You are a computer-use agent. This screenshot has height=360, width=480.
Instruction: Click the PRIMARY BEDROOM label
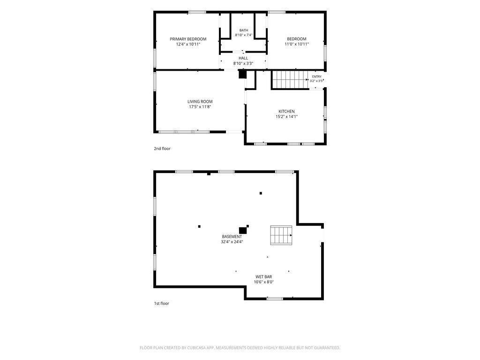pos(188,39)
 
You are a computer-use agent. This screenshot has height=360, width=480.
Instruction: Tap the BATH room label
pos(244,30)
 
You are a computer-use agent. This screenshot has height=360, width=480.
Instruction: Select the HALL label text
pos(243,58)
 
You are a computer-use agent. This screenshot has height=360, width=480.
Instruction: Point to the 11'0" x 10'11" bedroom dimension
pos(297,44)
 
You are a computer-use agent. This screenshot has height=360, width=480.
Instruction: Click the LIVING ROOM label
pos(200,102)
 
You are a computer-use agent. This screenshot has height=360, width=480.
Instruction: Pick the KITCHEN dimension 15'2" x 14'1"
pos(286,116)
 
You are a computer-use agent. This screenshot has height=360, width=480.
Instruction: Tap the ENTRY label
pos(317,76)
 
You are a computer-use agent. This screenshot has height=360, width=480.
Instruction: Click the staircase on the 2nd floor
pos(290,80)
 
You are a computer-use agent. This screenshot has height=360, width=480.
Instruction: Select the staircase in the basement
pos(281,235)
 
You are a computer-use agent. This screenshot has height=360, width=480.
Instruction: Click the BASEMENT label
pos(232,237)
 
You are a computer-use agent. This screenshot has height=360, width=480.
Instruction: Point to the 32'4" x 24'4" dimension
pos(232,242)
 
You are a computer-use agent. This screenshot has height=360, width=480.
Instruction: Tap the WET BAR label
pos(263,277)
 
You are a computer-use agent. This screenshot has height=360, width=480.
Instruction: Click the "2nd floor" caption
pos(162,149)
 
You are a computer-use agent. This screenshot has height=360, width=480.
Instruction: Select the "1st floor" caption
pos(161,303)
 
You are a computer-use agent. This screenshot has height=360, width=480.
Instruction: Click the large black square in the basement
pos(243,231)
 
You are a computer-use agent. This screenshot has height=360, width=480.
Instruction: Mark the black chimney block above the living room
pos(242,75)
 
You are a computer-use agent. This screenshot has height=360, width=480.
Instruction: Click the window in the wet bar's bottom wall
pos(275,299)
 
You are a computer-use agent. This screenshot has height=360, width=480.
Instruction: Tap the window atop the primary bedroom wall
pos(197,12)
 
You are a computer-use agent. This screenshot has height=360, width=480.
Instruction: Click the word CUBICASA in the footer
pos(202,348)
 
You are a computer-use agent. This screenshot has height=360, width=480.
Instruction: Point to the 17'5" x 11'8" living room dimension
pos(200,107)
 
